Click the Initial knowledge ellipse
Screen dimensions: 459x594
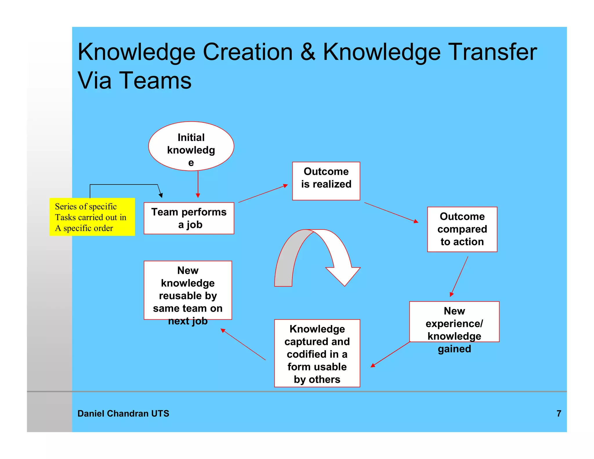click(191, 146)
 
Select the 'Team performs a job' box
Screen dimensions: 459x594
click(189, 218)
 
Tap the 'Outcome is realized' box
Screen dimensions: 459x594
click(326, 181)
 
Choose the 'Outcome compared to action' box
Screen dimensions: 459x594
click(462, 229)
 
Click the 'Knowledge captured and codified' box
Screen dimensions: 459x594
click(317, 353)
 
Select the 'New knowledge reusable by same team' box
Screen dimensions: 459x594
click(188, 290)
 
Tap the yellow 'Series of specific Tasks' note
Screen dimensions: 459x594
click(92, 217)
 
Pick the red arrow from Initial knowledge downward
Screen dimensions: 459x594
click(198, 184)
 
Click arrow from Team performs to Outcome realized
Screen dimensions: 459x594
click(263, 194)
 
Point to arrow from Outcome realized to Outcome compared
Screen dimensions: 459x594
click(391, 212)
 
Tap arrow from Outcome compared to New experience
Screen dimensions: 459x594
click(459, 276)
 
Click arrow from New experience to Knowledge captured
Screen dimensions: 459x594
click(390, 354)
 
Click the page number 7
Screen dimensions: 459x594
click(559, 413)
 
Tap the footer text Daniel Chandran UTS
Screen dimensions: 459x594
click(123, 413)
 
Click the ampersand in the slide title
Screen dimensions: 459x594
click(308, 52)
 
